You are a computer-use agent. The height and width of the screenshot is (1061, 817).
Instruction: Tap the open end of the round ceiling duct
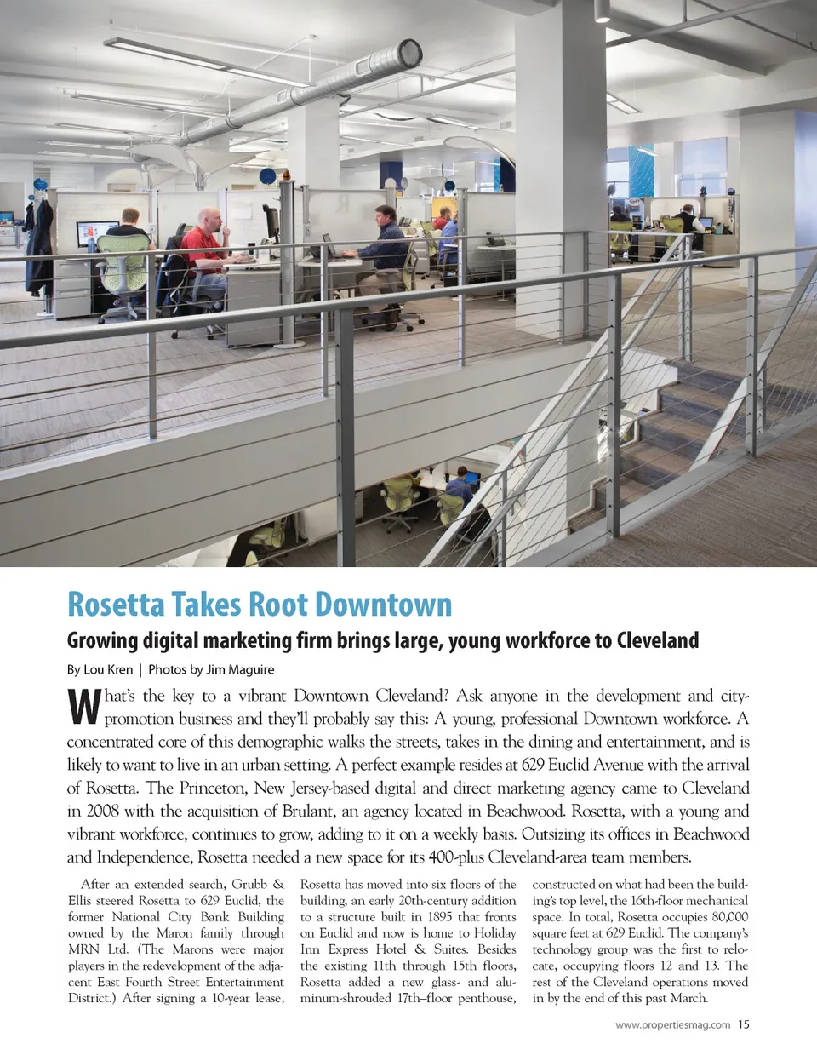point(410,54)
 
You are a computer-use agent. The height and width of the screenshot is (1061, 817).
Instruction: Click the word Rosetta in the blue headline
point(116,605)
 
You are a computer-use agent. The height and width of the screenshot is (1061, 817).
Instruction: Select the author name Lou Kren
point(108,669)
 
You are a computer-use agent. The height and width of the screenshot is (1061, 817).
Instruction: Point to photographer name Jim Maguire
point(240,669)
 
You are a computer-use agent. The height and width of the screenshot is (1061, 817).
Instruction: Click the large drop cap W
point(83,707)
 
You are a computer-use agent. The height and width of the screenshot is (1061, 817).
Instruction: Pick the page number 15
point(744,1024)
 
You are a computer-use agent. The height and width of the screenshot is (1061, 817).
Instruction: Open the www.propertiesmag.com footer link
point(672,1024)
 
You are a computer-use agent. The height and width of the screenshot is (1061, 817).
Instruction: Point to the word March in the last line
point(686,998)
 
